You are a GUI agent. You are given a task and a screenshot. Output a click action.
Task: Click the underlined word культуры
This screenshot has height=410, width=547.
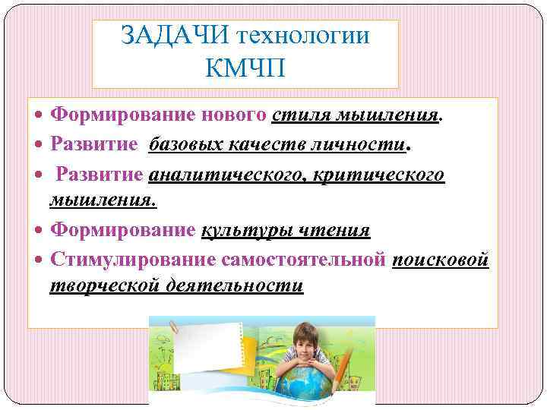coord(248,231)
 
